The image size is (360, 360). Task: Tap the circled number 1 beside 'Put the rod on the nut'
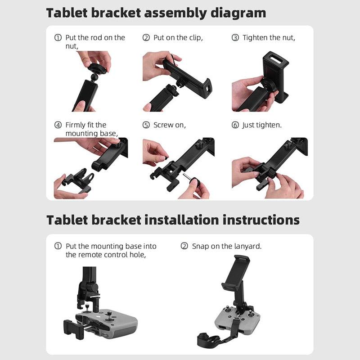[58, 38]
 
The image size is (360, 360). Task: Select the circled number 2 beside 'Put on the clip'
[146, 38]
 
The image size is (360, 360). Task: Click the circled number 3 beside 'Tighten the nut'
[235, 38]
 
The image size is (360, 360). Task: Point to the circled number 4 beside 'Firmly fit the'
[58, 125]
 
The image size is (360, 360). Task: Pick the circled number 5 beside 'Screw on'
[146, 125]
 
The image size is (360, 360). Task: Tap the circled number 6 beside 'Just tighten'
[235, 125]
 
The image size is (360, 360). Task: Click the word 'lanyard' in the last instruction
[247, 246]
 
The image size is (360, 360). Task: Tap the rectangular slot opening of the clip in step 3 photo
[275, 58]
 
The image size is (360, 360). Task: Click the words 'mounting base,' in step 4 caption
[91, 134]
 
